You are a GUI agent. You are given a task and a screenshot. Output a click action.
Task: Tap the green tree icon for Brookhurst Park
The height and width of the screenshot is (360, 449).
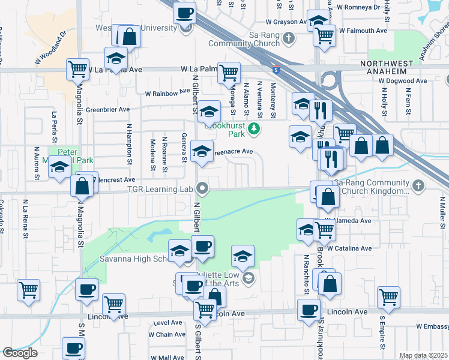[255, 128]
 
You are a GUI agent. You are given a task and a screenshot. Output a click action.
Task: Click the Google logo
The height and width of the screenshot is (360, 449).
[20, 353]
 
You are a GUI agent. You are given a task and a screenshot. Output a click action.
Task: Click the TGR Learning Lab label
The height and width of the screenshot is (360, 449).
[161, 189]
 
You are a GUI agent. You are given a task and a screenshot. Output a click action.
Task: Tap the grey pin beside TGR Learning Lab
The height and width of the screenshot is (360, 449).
[203, 189]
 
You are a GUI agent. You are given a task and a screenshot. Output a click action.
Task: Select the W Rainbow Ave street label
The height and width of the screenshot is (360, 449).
[167, 93]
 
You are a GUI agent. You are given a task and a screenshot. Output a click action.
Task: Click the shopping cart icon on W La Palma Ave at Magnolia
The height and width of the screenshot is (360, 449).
[78, 69]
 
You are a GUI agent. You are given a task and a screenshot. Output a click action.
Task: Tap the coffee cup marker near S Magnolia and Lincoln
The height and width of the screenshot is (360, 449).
[86, 290]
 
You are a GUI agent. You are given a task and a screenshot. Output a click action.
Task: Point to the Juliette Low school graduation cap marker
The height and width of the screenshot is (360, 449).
[243, 256]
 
